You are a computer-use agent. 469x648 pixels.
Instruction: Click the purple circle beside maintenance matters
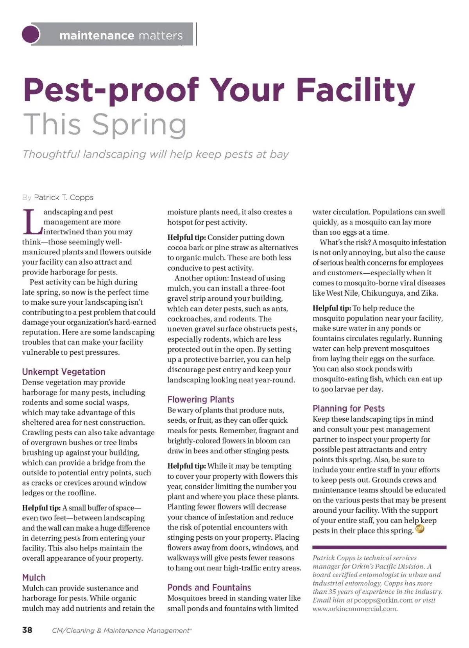(31, 34)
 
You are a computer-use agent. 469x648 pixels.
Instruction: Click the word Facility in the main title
(355, 90)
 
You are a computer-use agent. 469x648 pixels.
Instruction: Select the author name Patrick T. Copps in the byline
(64, 197)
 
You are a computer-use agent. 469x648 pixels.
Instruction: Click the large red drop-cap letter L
(32, 221)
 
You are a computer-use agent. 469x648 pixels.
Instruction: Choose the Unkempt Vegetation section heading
(64, 372)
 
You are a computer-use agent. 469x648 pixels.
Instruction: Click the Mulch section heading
(34, 578)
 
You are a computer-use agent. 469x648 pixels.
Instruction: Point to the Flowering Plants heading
(200, 400)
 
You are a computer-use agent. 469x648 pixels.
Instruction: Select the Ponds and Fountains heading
(209, 588)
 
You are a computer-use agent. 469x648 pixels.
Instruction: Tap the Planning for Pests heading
(349, 409)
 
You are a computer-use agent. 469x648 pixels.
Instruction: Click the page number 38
(27, 630)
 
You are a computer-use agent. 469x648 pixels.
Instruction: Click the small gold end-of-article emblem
(420, 530)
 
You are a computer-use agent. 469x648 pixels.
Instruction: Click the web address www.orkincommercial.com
(355, 609)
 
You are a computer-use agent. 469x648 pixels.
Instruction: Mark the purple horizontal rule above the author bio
(379, 547)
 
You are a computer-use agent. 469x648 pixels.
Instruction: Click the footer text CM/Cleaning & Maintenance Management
(121, 630)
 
